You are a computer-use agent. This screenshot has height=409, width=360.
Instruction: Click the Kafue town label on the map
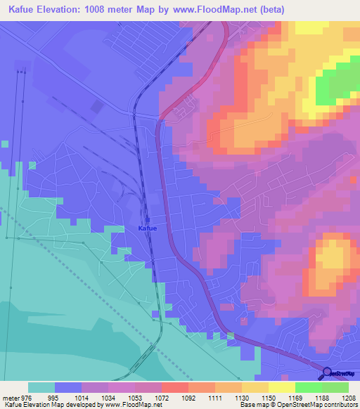pos(147,228)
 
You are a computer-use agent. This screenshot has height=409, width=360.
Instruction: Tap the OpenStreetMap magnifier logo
pos(327,372)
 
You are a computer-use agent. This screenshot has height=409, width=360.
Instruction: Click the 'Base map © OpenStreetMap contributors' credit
pos(297,404)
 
